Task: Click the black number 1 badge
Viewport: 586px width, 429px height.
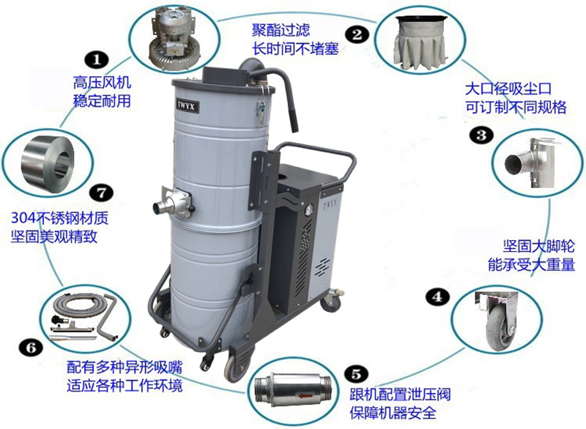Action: [x=97, y=60]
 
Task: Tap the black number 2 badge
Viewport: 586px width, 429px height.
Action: [x=357, y=34]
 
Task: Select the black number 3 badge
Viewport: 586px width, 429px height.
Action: [x=482, y=135]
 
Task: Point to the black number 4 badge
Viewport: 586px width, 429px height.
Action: [x=437, y=296]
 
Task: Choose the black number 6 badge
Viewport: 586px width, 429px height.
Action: [x=31, y=348]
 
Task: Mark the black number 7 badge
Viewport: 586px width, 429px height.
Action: [x=101, y=193]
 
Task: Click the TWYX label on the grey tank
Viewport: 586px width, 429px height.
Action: [x=185, y=106]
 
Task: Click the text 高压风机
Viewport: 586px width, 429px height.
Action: [x=102, y=83]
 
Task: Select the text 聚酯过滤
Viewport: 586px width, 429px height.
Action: [x=281, y=30]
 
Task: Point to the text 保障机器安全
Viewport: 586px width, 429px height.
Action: [x=393, y=412]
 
